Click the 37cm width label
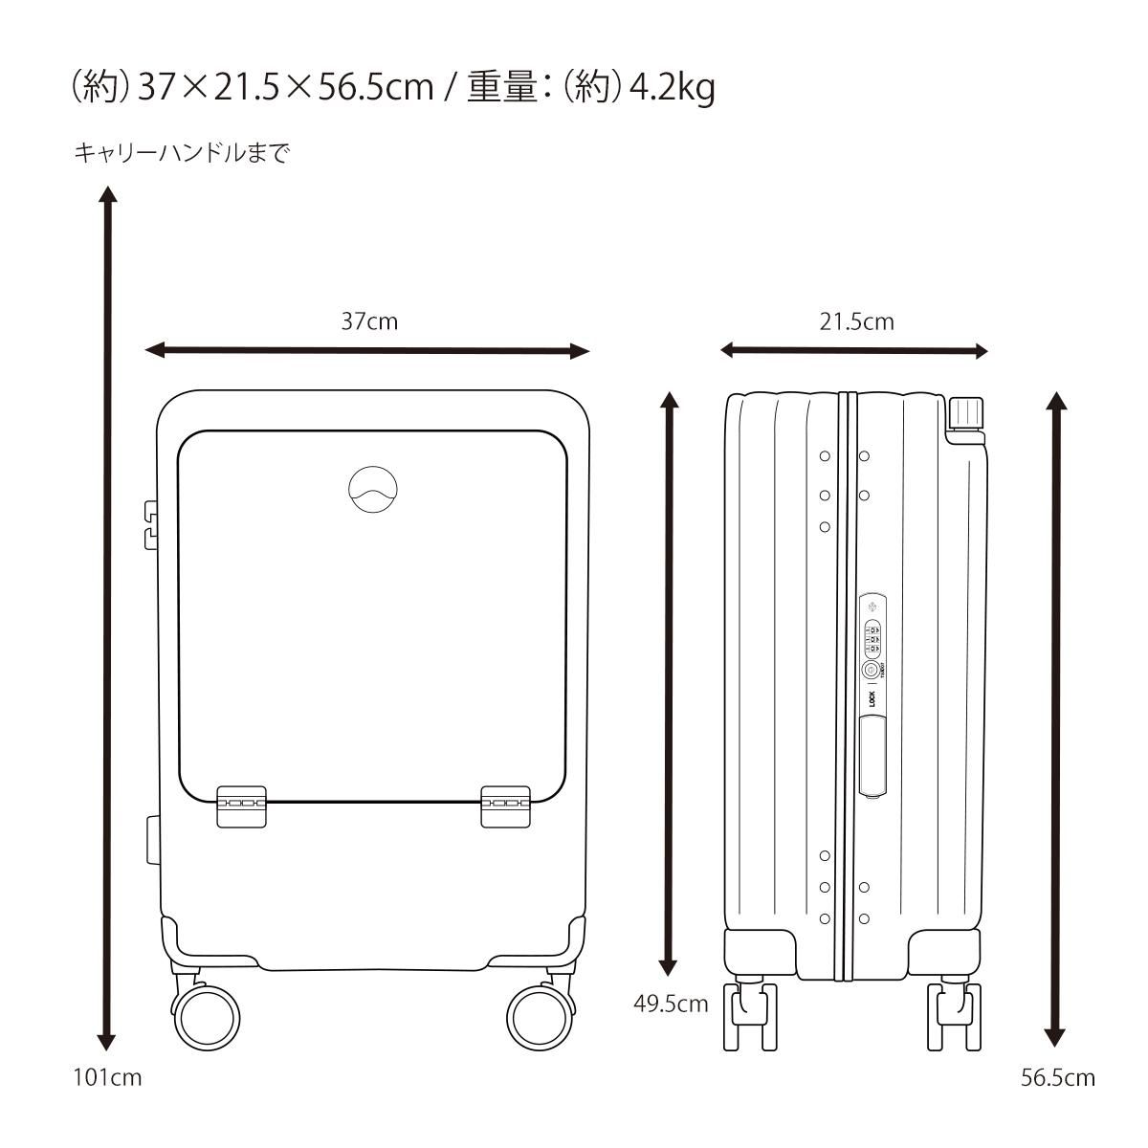click(x=368, y=321)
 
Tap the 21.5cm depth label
click(x=856, y=321)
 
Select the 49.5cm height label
click(x=671, y=1004)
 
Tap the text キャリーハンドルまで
click(x=182, y=153)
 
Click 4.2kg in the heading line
click(x=672, y=88)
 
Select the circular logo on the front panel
click(x=373, y=489)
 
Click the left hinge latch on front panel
click(x=241, y=806)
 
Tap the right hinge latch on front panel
click(x=505, y=806)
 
